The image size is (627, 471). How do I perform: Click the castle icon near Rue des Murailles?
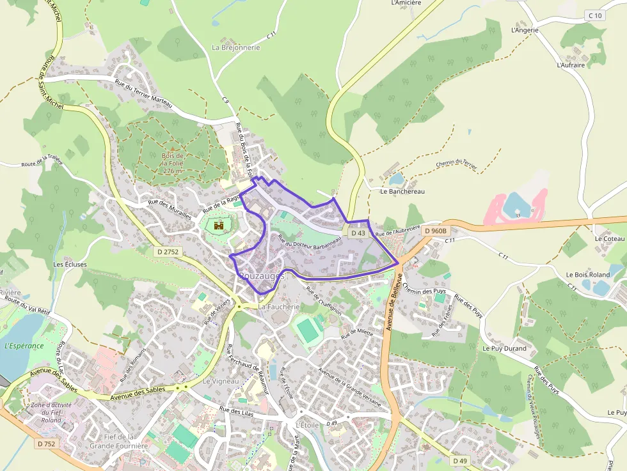click(x=218, y=225)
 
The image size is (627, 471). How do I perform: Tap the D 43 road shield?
click(x=358, y=234)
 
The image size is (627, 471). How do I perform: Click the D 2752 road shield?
click(x=167, y=252)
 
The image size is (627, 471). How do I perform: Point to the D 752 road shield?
click(x=47, y=444)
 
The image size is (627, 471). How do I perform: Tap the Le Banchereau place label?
click(x=402, y=191)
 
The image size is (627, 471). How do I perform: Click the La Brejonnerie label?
click(x=236, y=47)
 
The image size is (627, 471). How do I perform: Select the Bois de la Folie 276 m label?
click(x=172, y=163)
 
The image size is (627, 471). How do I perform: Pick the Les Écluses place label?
click(x=66, y=264)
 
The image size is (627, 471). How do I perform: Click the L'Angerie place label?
click(x=525, y=30)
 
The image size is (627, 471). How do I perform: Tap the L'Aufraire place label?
click(x=571, y=65)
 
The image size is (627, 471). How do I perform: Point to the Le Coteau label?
click(x=609, y=238)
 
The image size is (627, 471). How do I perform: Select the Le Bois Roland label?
click(x=588, y=275)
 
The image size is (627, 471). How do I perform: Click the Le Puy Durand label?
click(x=505, y=348)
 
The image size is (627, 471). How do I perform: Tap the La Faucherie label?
click(x=279, y=307)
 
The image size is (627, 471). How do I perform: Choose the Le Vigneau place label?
click(x=221, y=381)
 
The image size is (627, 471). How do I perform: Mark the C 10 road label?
click(x=594, y=15)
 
